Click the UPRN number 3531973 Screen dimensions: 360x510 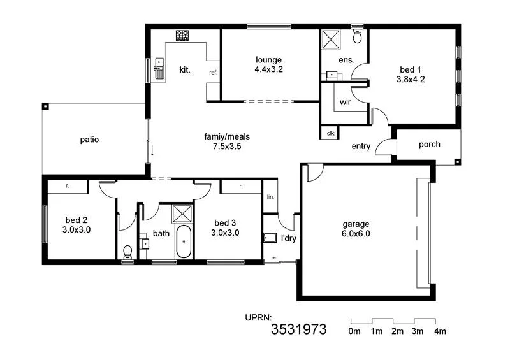299,329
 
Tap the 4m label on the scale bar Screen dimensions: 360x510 440,331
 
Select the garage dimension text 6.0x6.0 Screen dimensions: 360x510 356,233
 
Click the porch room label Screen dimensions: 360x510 429,145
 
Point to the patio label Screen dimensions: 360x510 89,140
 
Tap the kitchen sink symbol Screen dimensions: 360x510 159,68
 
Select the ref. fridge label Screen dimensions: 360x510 213,73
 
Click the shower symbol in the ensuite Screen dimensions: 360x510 331,40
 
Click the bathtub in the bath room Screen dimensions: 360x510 184,242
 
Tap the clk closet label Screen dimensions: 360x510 330,133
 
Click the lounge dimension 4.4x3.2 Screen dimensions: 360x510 268,69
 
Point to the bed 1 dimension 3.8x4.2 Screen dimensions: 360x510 411,80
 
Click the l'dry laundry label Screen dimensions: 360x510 289,239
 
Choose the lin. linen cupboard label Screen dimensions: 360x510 270,197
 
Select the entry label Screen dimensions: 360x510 361,147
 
